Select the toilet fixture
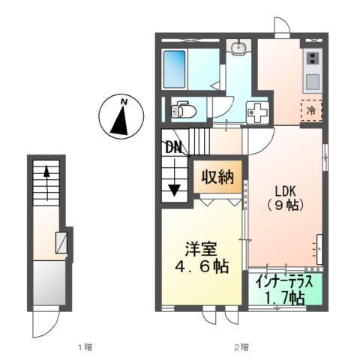coord(184,110)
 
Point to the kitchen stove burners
coord(311,59)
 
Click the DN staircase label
coord(173,148)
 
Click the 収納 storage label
coord(217,178)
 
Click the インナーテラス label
coord(285,283)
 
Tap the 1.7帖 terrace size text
coord(285,298)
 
